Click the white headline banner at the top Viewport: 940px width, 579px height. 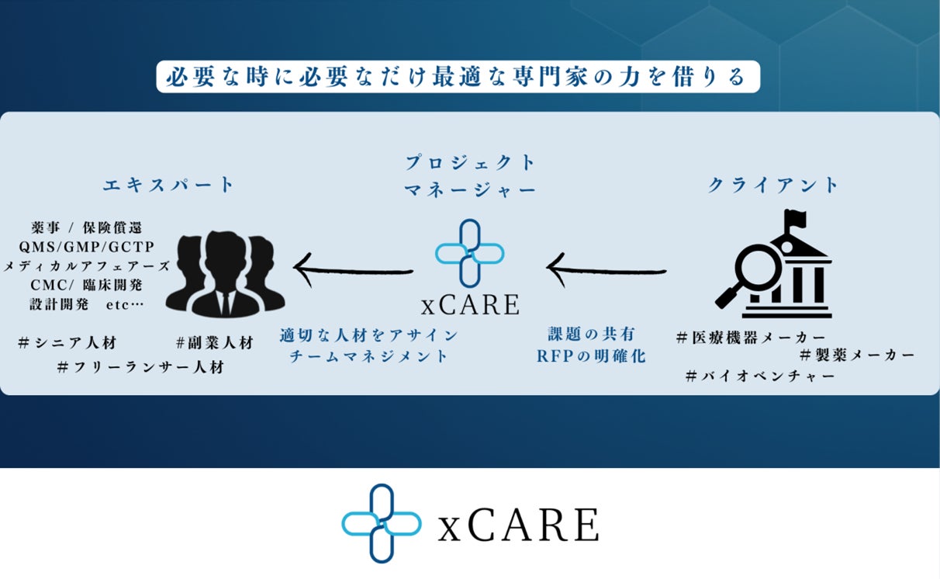[458, 78]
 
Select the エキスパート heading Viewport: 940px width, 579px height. [168, 185]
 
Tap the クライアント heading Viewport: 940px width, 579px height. [773, 185]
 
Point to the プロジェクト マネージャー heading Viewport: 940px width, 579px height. [470, 175]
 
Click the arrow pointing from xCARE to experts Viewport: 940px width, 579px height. [353, 269]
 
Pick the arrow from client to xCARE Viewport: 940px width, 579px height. [607, 269]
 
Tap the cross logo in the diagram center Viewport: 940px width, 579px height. [469, 252]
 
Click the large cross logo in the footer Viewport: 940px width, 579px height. [382, 523]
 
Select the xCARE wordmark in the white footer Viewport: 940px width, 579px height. [518, 525]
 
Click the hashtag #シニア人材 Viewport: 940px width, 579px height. [67, 343]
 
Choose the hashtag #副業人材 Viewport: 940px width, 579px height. [214, 343]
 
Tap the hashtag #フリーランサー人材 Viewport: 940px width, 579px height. [140, 367]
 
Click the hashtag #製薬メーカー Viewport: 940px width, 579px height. [857, 355]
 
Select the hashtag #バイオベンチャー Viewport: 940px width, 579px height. [760, 376]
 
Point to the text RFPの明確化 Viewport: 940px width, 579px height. [591, 357]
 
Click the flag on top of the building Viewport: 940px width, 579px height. [796, 219]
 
